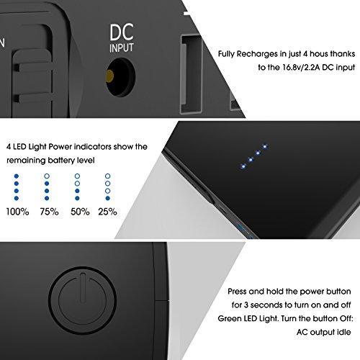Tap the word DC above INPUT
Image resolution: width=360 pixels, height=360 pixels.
121,33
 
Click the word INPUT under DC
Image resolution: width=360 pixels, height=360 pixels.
121,49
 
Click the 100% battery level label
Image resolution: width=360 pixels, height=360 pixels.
18,212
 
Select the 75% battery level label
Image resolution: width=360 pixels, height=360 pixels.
48,212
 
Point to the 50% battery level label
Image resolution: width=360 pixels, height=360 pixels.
78,212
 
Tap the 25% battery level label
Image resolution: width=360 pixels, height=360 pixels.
108,212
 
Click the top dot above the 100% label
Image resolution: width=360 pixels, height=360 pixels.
17,175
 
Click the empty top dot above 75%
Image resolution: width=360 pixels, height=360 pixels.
47,175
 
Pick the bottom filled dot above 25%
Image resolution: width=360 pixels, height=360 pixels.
107,199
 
